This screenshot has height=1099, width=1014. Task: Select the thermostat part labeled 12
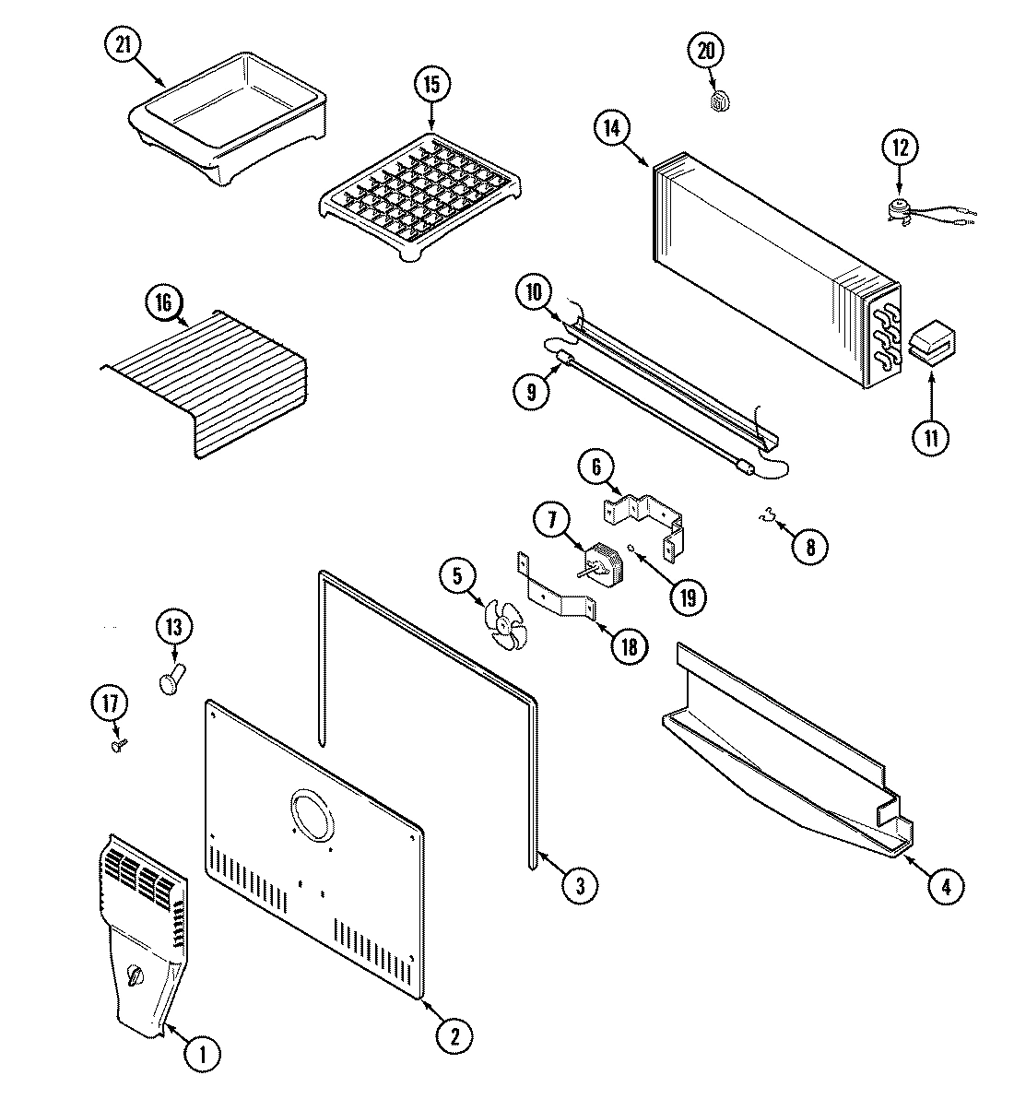click(x=896, y=209)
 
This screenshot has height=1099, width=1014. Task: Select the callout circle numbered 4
click(x=945, y=887)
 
